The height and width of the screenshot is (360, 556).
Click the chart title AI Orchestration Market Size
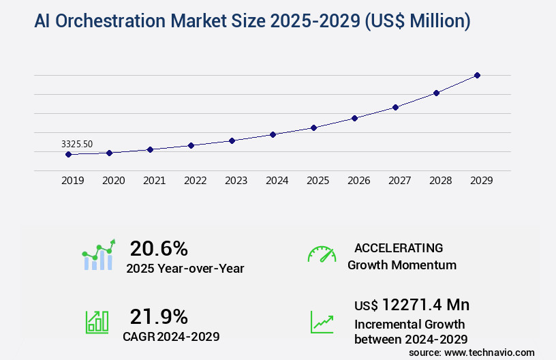coord(252,21)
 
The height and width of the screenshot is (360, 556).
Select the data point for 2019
coord(68,154)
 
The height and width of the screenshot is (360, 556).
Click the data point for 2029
coord(477,75)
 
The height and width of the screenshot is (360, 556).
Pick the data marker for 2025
coord(313,127)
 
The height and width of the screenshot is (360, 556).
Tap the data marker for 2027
coord(395,107)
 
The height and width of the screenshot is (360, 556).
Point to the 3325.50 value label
coord(77,144)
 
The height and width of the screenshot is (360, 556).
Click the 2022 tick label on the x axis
coord(195,181)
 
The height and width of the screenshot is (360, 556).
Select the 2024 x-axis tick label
coord(277,181)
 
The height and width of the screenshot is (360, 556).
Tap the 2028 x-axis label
coord(440,181)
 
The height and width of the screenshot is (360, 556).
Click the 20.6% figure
coord(159,248)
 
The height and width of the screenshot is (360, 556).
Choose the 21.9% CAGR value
coord(159,316)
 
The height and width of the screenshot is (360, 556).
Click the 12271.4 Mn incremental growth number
coord(425,305)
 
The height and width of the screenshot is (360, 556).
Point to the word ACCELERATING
coord(399,248)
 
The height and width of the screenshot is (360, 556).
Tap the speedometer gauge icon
coord(322,254)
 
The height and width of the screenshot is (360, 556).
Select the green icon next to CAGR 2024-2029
coord(97,322)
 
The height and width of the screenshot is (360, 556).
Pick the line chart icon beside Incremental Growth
coord(322,322)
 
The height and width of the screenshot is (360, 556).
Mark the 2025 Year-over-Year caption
coord(185,269)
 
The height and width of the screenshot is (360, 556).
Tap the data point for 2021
coord(150,149)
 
